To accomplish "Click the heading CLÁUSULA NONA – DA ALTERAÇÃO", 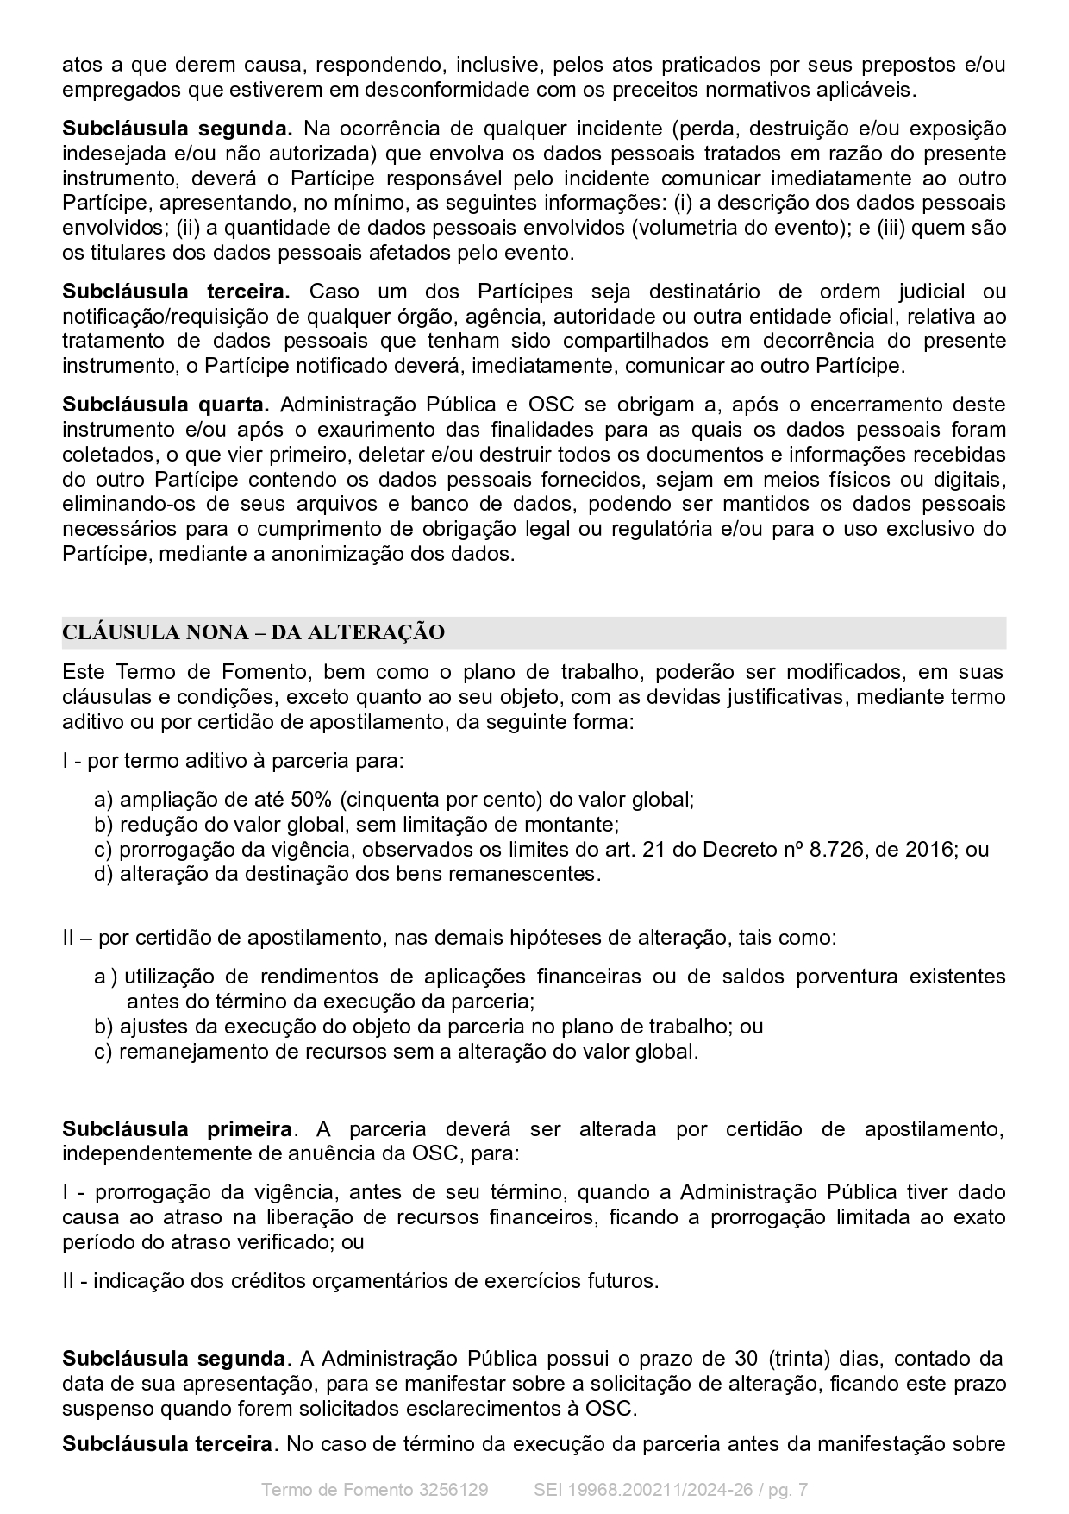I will point(253,632).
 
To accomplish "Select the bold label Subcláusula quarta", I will point(166,405).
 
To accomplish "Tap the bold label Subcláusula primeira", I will point(177,1129).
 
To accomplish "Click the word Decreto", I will point(736,849).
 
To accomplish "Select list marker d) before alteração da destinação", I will point(103,874).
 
